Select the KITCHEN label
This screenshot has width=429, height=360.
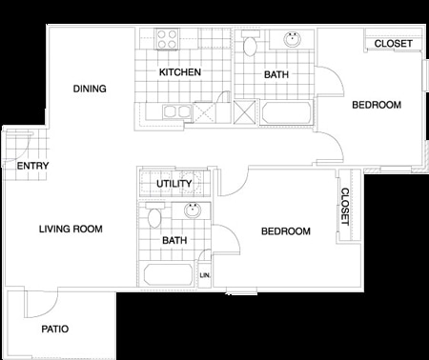coord(178,72)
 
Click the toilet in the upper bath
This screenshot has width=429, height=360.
coord(252,44)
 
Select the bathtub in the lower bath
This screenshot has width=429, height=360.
coord(169,275)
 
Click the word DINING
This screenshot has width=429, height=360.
coord(90,89)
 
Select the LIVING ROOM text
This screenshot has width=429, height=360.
coord(71,230)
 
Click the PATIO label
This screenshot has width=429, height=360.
coord(54,329)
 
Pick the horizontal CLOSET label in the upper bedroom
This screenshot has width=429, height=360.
coord(393,44)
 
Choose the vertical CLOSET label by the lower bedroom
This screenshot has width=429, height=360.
coord(344,207)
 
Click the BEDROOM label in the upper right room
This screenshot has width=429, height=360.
coord(376,105)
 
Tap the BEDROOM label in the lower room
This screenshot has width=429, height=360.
coord(286,231)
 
